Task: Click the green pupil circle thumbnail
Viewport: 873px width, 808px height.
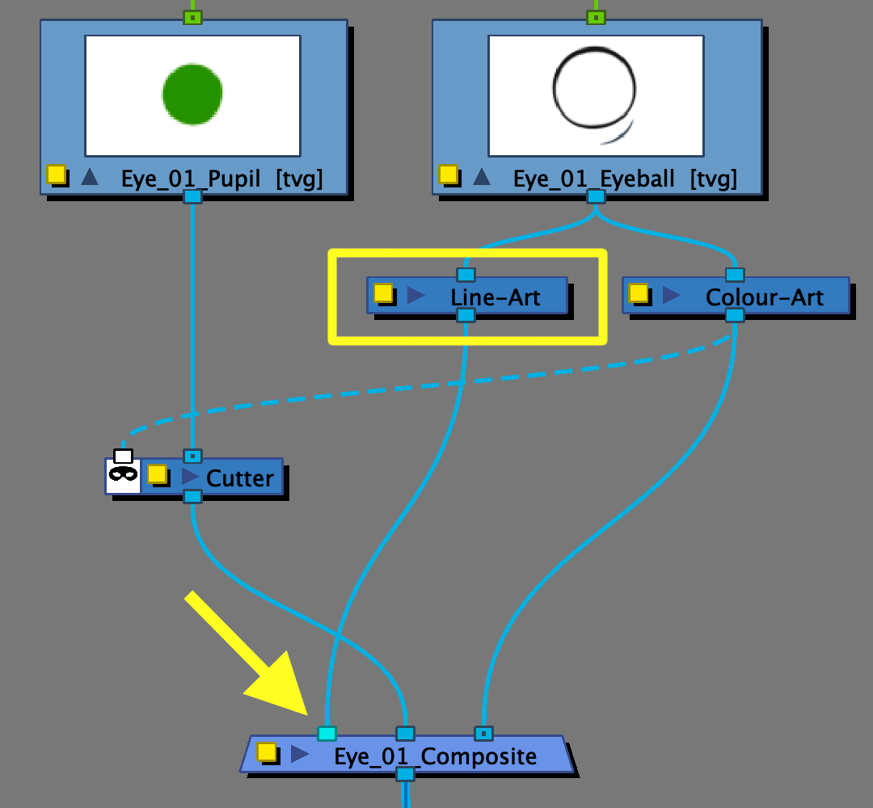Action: [x=192, y=95]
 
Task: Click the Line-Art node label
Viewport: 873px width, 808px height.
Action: [x=496, y=297]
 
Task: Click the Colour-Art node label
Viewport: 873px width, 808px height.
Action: [x=764, y=297]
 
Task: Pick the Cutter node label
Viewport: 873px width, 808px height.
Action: [x=239, y=478]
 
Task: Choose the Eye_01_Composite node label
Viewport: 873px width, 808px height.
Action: [x=435, y=756]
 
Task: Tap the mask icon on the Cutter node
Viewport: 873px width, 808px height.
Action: [x=123, y=475]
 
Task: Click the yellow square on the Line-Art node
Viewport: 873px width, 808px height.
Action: [x=383, y=293]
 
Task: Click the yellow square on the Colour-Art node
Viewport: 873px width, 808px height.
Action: [x=639, y=293]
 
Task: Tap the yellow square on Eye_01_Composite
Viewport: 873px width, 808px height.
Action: [x=267, y=752]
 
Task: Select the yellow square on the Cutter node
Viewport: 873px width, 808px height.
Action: [x=157, y=474]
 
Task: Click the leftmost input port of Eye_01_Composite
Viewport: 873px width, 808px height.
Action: [x=327, y=734]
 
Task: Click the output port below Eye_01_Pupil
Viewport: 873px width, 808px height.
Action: [x=192, y=196]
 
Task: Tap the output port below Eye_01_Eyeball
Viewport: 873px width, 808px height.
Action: [x=596, y=196]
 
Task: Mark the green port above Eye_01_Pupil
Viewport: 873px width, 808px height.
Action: [x=192, y=17]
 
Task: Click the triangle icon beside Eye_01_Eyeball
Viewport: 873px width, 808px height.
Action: [x=481, y=176]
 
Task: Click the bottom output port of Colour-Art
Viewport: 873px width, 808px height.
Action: [x=734, y=315]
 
